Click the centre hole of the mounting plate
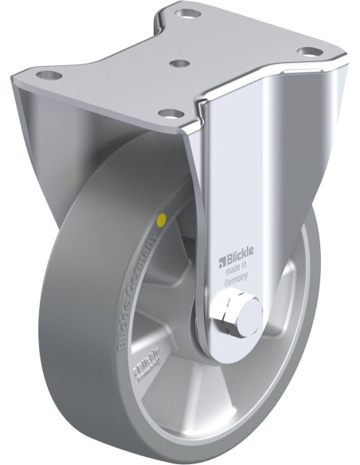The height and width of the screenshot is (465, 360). [180, 61]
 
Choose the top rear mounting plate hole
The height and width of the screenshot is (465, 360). [189, 14]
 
